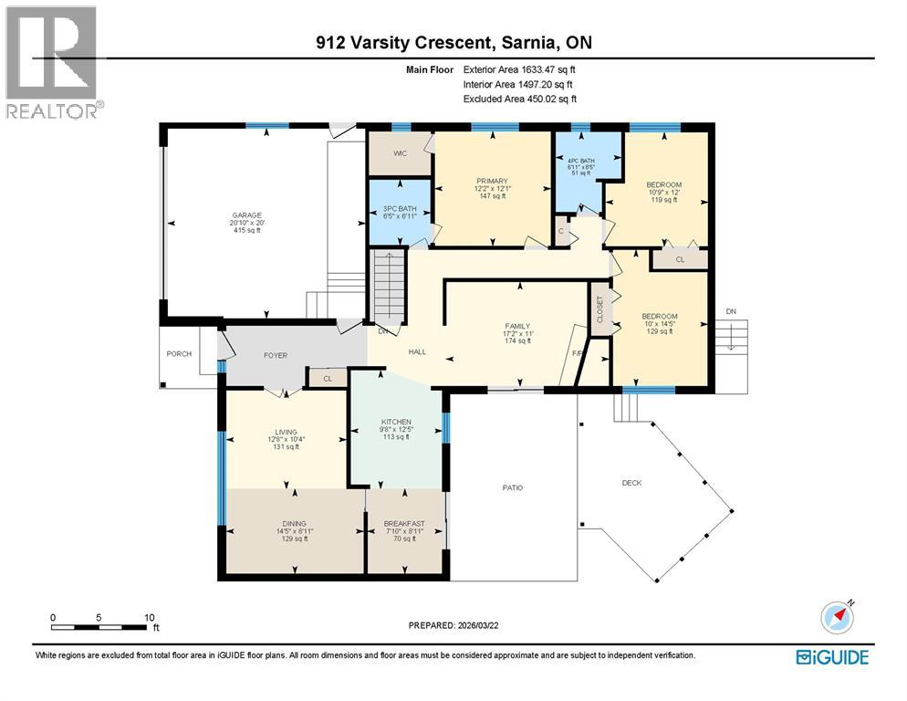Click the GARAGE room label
(x=247, y=215)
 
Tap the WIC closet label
(x=401, y=153)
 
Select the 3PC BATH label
(x=400, y=208)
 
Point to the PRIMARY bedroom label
(x=492, y=182)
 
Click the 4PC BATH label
(x=580, y=161)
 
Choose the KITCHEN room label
(x=396, y=422)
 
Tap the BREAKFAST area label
(x=404, y=524)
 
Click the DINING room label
(x=295, y=524)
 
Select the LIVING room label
(x=286, y=433)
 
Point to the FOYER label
(x=276, y=355)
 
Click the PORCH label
(x=179, y=353)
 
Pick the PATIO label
(x=513, y=488)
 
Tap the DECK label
(x=631, y=483)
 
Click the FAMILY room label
(x=517, y=327)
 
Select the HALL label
(x=417, y=352)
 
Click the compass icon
(x=837, y=618)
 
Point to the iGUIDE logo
(x=832, y=657)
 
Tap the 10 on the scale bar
(x=150, y=618)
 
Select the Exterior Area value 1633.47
(x=538, y=69)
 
